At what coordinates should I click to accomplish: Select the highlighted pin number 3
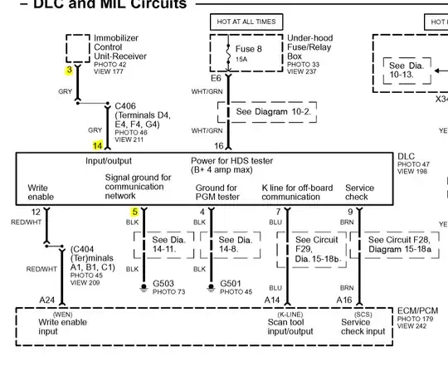click(x=70, y=71)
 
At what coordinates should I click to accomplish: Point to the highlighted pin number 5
click(x=134, y=212)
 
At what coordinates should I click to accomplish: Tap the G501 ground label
click(x=230, y=284)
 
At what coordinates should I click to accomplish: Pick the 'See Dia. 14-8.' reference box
click(x=230, y=243)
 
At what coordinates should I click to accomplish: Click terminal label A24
click(x=46, y=300)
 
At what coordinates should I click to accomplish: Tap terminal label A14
click(x=272, y=300)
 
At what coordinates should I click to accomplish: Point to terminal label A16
click(x=344, y=300)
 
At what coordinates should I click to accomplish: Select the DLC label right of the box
click(x=406, y=156)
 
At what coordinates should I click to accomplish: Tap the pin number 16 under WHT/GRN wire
click(x=219, y=146)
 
